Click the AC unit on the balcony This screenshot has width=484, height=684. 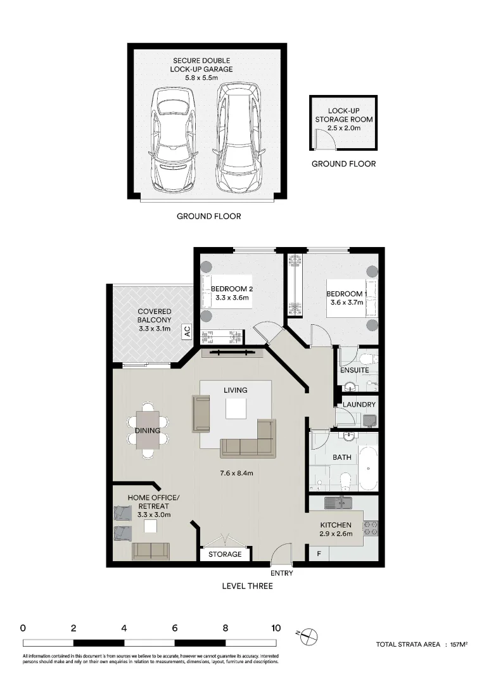pyautogui.click(x=188, y=331)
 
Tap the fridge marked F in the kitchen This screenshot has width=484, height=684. pyautogui.click(x=319, y=554)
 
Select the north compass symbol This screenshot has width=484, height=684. pyautogui.click(x=309, y=636)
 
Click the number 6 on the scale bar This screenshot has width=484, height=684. pyautogui.click(x=175, y=628)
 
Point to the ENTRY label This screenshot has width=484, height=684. pyautogui.click(x=281, y=573)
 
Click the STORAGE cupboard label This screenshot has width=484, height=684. pyautogui.click(x=225, y=554)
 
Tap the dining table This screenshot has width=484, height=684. pyautogui.click(x=148, y=431)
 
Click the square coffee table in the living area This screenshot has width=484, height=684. pyautogui.click(x=235, y=409)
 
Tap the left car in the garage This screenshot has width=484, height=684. pyautogui.click(x=172, y=139)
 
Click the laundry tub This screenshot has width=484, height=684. pyautogui.click(x=369, y=420)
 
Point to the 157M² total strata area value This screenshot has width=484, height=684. pyautogui.click(x=459, y=644)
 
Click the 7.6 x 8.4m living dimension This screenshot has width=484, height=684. pyautogui.click(x=236, y=473)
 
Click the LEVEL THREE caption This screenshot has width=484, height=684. pyautogui.click(x=248, y=586)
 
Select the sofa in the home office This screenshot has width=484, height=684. pyautogui.click(x=151, y=551)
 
